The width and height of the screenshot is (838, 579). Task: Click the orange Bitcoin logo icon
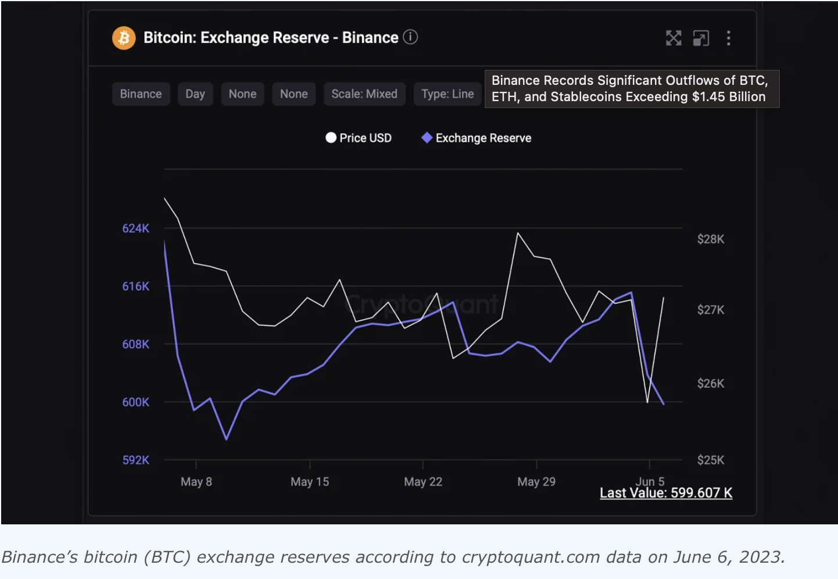pyautogui.click(x=123, y=38)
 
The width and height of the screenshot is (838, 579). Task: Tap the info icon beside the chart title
pyautogui.click(x=410, y=37)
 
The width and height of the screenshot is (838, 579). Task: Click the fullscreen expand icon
pyautogui.click(x=674, y=38)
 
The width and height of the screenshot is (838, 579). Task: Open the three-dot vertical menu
pyautogui.click(x=728, y=38)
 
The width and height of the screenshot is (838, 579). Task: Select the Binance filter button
pyautogui.click(x=141, y=94)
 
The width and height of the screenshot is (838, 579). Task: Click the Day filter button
pyautogui.click(x=195, y=94)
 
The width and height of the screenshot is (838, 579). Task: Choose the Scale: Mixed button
pyautogui.click(x=364, y=94)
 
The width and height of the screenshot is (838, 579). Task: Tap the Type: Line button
pyautogui.click(x=447, y=94)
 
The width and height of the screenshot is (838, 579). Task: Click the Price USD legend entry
pyautogui.click(x=359, y=138)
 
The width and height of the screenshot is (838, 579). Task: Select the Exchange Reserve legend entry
pyautogui.click(x=477, y=138)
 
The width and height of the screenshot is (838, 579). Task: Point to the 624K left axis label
pyautogui.click(x=135, y=228)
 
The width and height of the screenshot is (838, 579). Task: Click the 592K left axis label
pyautogui.click(x=135, y=460)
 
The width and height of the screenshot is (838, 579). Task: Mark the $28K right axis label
pyautogui.click(x=711, y=239)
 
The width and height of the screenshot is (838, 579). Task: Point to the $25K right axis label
pyautogui.click(x=711, y=460)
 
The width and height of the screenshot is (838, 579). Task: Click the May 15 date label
pyautogui.click(x=310, y=482)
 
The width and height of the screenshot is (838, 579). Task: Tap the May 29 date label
pyautogui.click(x=536, y=482)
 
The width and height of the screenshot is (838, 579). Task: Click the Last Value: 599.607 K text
pyautogui.click(x=666, y=494)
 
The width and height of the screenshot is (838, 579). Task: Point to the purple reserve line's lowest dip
pyautogui.click(x=227, y=439)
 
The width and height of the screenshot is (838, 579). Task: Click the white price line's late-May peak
pyautogui.click(x=518, y=233)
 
